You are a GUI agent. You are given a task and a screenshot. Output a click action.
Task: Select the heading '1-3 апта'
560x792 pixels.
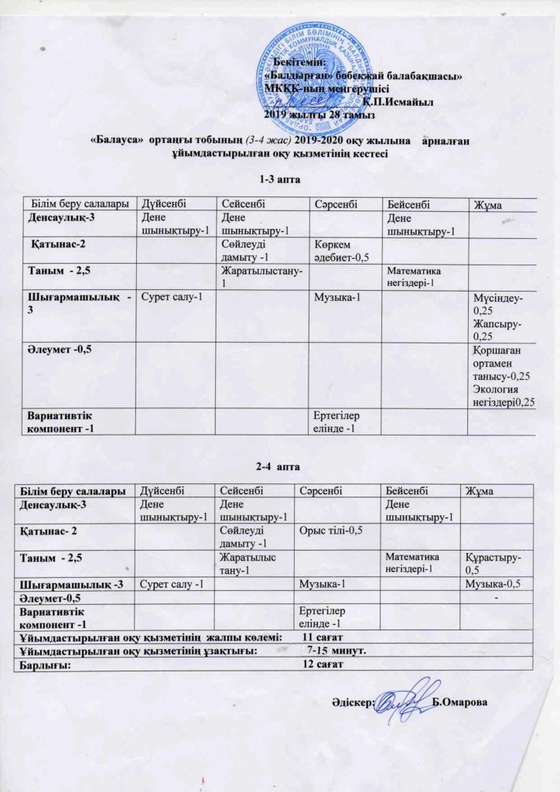click(x=280, y=179)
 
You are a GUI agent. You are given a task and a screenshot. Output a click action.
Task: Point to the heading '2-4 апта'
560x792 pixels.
click(x=278, y=466)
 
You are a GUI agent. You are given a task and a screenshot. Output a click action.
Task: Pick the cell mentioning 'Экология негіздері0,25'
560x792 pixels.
click(x=501, y=375)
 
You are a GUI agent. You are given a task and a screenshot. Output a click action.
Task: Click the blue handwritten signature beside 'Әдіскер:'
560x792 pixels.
click(x=406, y=700)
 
